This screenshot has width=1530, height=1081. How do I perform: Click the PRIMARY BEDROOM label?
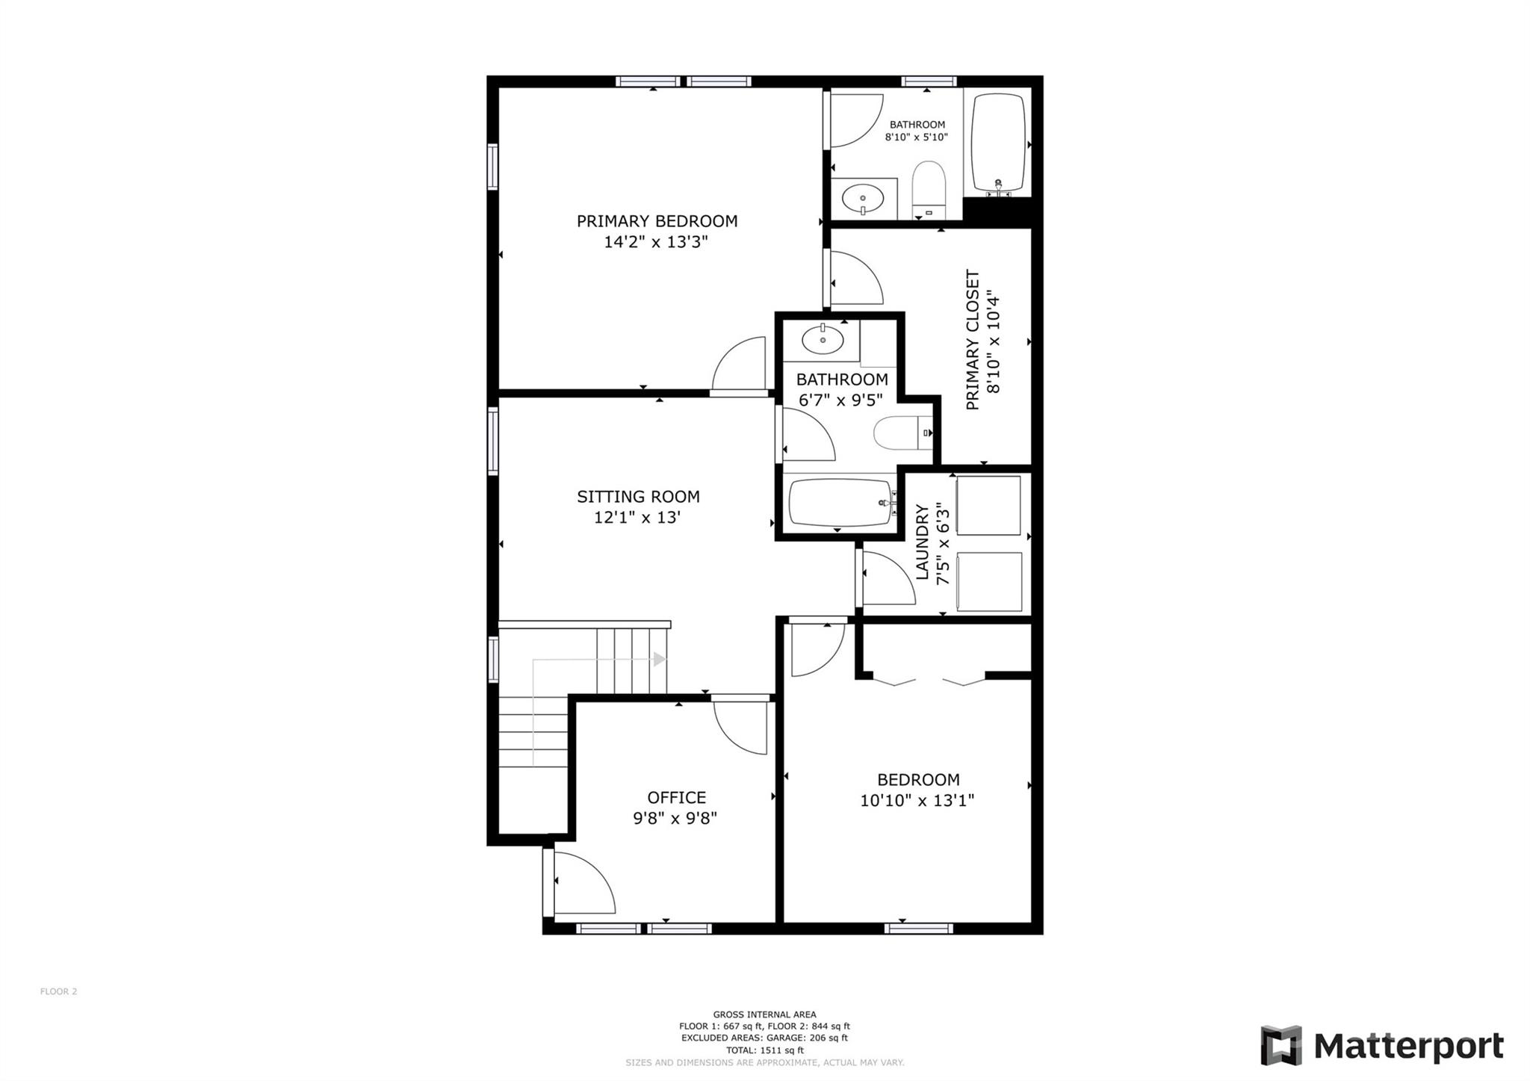(657, 221)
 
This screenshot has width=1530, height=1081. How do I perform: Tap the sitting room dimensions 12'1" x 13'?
(637, 517)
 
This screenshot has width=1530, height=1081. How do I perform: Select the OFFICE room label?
(676, 797)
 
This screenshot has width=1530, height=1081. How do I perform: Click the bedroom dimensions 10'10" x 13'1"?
(917, 801)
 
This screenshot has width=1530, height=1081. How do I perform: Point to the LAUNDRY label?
(922, 542)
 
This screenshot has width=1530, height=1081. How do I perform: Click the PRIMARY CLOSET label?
(972, 340)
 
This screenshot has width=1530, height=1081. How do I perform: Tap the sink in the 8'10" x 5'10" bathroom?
(862, 199)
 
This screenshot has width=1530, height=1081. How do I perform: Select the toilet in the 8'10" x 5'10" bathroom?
(929, 189)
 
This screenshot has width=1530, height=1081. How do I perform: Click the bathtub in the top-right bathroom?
(997, 142)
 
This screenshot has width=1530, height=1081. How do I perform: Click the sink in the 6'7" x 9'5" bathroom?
(823, 341)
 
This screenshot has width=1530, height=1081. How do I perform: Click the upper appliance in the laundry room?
(988, 506)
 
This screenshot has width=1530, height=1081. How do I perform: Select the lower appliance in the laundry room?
(988, 582)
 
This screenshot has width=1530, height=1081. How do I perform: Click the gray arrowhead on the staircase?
(659, 660)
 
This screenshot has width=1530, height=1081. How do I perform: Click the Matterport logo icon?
(1280, 1045)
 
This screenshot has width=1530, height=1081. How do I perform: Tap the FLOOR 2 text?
(58, 991)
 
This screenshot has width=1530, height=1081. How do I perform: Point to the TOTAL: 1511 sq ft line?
(764, 1050)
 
